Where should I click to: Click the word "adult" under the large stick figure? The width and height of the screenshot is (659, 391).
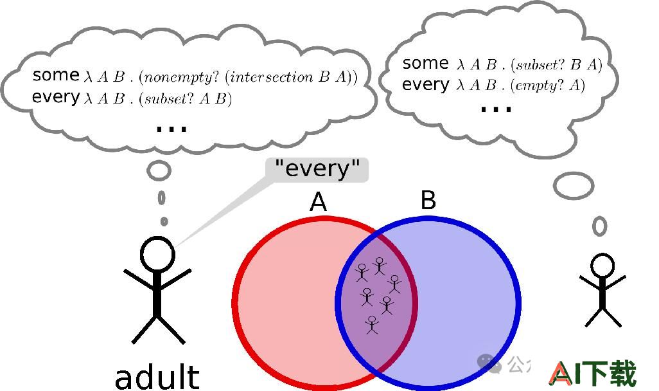click(157, 377)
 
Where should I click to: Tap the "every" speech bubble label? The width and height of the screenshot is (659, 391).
click(317, 170)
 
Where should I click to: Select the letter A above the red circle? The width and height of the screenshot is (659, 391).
click(318, 202)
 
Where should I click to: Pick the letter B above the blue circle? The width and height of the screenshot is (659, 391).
click(428, 200)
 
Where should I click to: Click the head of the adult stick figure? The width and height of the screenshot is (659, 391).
click(157, 253)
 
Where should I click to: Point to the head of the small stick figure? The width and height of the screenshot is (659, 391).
click(602, 266)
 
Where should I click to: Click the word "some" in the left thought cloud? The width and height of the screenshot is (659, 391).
click(55, 75)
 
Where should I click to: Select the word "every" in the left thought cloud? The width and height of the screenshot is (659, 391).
click(56, 97)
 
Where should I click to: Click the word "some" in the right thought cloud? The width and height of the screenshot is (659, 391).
click(425, 63)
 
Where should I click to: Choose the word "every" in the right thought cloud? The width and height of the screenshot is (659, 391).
click(426, 85)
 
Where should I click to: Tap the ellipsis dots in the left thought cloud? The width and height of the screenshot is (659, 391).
click(171, 129)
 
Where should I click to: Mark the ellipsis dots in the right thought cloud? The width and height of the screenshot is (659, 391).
click(496, 109)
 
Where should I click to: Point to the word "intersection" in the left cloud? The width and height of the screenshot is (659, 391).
click(272, 77)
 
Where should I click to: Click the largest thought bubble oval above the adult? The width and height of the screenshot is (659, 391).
click(159, 170)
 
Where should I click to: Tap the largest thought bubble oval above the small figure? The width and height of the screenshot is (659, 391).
click(574, 186)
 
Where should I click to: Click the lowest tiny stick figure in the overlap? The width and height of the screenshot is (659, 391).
click(371, 325)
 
